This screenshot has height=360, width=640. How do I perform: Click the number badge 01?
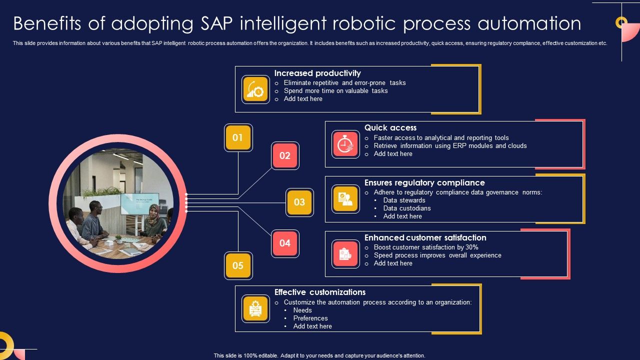[238, 137]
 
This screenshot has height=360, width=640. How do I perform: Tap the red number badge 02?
[285, 155]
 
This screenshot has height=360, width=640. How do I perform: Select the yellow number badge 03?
[299, 202]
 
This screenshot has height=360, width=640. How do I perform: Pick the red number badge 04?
[285, 243]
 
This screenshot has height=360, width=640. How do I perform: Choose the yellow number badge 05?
[238, 265]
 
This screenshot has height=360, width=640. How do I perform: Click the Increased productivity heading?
[317, 73]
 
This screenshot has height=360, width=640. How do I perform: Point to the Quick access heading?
[390, 128]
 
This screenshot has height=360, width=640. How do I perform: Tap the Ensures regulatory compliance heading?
[424, 183]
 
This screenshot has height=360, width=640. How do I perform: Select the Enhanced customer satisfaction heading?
[425, 238]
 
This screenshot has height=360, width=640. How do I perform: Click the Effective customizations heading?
[320, 292]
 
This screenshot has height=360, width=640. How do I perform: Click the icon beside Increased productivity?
[255, 89]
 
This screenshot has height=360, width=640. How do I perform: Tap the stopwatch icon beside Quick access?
[345, 144]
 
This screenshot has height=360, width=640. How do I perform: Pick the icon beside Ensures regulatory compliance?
[345, 199]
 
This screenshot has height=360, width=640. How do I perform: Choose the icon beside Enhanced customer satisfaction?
[345, 254]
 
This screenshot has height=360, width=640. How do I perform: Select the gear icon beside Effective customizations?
[255, 308]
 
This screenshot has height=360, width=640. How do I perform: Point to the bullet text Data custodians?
[407, 208]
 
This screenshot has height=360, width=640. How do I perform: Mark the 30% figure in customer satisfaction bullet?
[471, 247]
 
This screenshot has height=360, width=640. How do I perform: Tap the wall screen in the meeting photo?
[139, 203]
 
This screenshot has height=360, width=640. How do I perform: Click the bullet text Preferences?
[310, 318]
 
